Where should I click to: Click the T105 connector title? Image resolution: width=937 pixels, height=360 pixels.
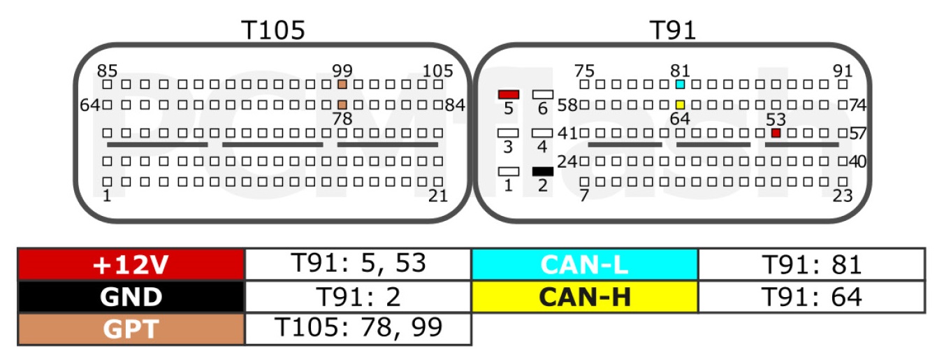pos(273,30)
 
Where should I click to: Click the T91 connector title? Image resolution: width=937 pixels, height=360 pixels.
pos(673,30)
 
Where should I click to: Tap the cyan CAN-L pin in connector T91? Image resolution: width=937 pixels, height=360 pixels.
pos(680,84)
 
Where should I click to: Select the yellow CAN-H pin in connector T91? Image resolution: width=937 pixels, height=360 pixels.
pos(680,105)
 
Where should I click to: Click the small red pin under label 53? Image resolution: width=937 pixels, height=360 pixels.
pos(776,133)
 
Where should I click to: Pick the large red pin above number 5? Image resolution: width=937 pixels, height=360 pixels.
pos(509,94)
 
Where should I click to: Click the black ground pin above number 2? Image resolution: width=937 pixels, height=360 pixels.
pos(542,171)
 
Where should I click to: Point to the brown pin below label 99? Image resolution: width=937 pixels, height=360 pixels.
pos(342,84)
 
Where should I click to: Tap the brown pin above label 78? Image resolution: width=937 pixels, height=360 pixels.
pos(342,105)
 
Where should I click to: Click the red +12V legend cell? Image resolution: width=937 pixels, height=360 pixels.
pos(131,264)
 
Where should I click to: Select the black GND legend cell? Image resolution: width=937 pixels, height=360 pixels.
pos(131,297)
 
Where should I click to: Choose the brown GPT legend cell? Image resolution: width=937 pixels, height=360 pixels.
pos(131,329)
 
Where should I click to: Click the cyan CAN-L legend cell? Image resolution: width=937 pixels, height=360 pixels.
pos(585,264)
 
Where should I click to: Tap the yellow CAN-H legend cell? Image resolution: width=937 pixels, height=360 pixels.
pos(585,297)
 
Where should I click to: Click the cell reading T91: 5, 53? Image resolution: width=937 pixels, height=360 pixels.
pos(358,264)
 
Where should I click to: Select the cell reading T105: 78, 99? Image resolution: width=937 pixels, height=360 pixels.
pos(358,329)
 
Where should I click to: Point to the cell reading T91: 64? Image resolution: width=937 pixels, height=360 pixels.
pos(811,297)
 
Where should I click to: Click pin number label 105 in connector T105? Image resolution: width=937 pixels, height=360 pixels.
pos(437,71)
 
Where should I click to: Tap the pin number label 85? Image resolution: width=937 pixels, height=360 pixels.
pos(107,71)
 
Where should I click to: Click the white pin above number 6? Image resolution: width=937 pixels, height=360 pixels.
pos(542,94)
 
